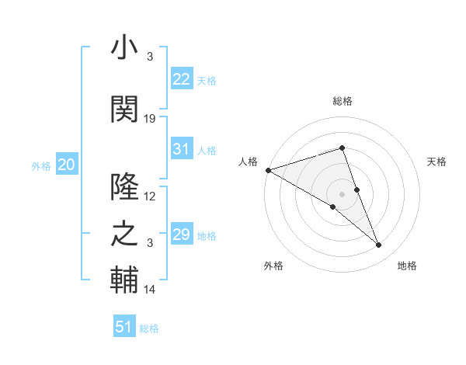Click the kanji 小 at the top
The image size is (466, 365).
click(x=124, y=48)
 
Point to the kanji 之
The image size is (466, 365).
click(x=124, y=234)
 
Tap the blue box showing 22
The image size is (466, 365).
click(x=181, y=79)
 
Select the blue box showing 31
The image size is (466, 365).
click(x=181, y=149)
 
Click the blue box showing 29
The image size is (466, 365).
click(x=181, y=235)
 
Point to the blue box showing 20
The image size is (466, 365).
click(x=66, y=165)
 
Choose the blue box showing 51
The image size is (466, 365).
click(x=124, y=327)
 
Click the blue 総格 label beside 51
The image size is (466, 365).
click(x=149, y=328)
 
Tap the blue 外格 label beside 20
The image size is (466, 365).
click(x=41, y=165)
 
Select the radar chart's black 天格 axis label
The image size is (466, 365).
click(x=437, y=162)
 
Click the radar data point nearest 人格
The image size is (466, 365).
click(x=268, y=170)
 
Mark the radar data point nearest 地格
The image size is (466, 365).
click(x=379, y=245)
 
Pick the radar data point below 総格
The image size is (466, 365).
click(x=342, y=148)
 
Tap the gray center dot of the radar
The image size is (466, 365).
click(x=342, y=193)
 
